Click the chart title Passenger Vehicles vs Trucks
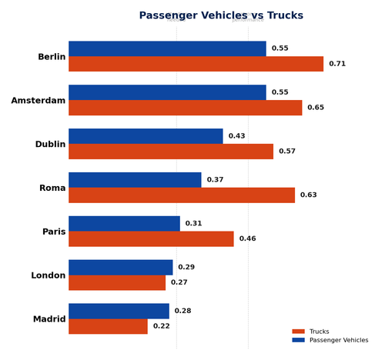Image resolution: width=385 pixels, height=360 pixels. click(221, 15)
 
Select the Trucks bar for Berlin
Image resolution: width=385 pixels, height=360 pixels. click(196, 64)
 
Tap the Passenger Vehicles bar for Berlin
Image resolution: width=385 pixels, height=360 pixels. click(167, 48)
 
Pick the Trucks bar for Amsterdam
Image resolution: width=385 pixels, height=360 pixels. click(185, 108)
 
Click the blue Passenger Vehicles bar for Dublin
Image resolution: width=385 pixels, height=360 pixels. click(146, 136)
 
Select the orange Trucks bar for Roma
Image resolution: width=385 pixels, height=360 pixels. click(182, 195)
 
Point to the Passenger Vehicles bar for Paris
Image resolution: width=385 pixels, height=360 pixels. click(124, 224)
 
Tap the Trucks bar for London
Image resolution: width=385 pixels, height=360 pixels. click(117, 283)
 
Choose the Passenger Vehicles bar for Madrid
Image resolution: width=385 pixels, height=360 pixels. click(119, 312)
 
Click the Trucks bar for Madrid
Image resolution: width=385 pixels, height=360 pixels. click(108, 326)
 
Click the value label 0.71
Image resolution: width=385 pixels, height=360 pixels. click(337, 64)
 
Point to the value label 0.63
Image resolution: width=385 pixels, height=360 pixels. click(308, 195)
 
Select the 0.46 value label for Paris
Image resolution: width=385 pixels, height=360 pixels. click(247, 239)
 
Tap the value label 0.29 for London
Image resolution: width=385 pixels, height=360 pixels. click(186, 268)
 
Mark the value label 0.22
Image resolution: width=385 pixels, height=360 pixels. click(161, 326)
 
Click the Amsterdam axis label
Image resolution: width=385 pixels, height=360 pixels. click(38, 101)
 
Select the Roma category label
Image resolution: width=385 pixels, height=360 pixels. click(52, 188)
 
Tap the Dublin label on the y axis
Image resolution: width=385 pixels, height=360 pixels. click(50, 145)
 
